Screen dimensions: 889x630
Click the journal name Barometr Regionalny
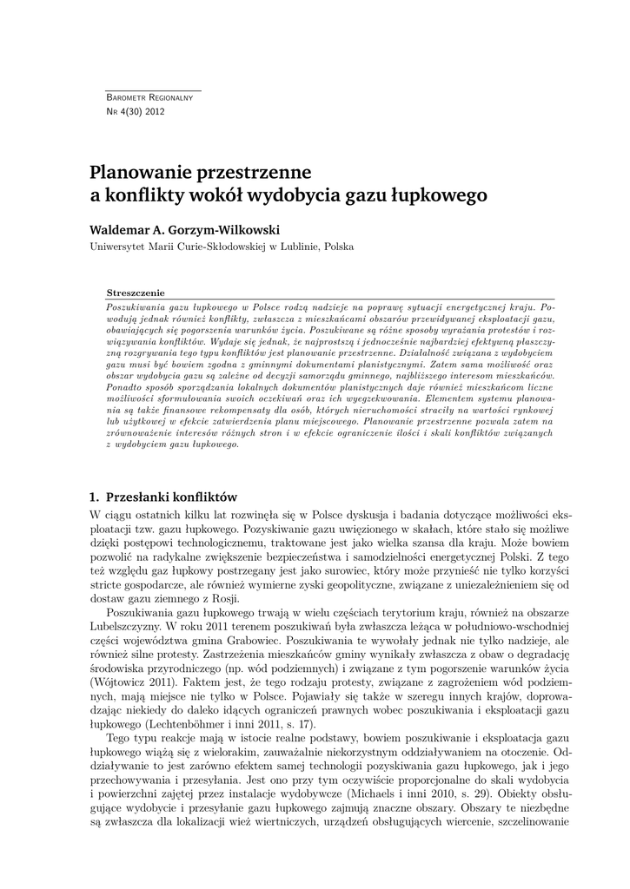coord(149,97)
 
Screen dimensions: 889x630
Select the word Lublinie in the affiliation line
coord(297,247)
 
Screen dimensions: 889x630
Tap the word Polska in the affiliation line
coord(337,247)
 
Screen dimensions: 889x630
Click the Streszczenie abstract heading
coord(135,293)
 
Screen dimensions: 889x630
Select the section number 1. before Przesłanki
coord(95,497)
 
